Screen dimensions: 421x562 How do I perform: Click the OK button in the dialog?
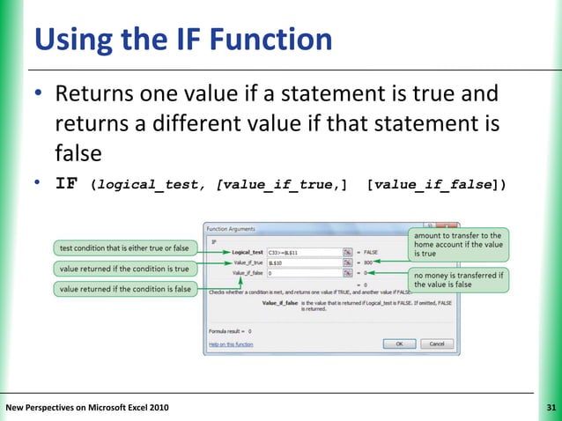pos(399,343)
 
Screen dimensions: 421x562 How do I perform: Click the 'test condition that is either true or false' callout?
pos(124,247)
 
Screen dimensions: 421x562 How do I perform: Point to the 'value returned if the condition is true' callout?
pos(124,268)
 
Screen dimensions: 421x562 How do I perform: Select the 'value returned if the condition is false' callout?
pos(124,289)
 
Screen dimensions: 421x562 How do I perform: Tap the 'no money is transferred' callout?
pos(458,279)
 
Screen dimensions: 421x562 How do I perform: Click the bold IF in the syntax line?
pos(66,184)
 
